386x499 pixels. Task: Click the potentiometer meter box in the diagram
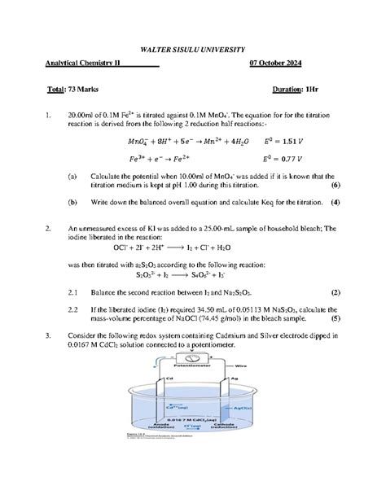pyautogui.click(x=193, y=359)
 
